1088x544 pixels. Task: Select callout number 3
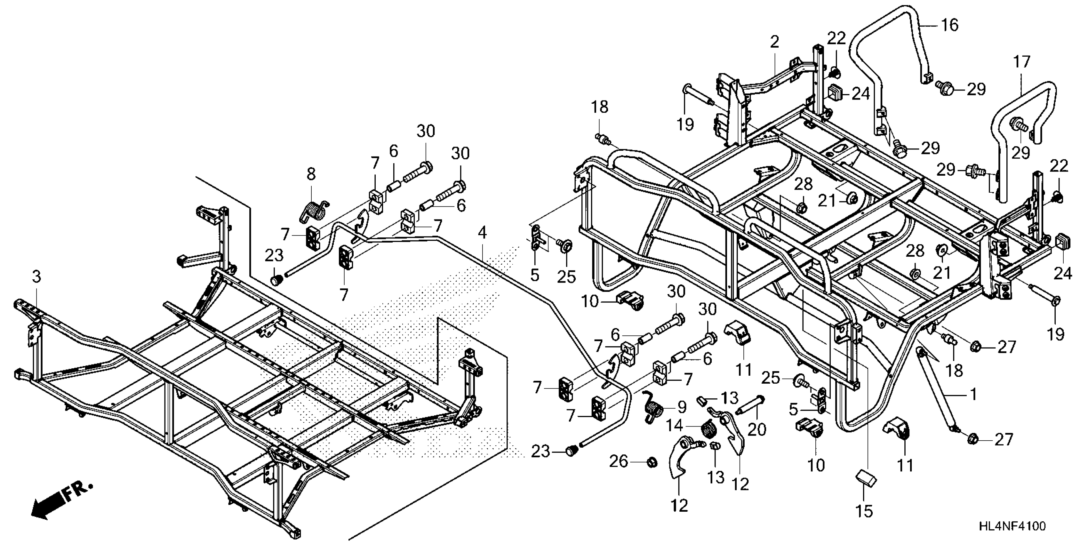pyautogui.click(x=37, y=277)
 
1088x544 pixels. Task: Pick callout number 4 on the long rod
pyautogui.click(x=482, y=233)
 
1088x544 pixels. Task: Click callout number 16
pyautogui.click(x=949, y=25)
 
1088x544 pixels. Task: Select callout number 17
pyautogui.click(x=1022, y=62)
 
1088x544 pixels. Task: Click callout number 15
pyautogui.click(x=864, y=511)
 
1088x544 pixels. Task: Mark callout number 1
pyautogui.click(x=973, y=395)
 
